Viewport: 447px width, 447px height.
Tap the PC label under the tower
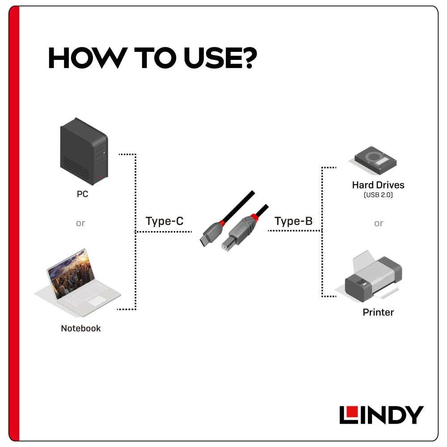pos(82,195)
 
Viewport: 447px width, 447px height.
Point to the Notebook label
pos(81,328)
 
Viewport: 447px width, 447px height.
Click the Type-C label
pos(164,221)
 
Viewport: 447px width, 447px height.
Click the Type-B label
pos(293,221)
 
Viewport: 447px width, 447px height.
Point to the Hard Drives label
pos(378,185)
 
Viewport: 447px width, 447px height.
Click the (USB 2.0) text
pos(378,195)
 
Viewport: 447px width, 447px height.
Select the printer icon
pos(373,277)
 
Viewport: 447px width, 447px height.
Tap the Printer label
pos(378,312)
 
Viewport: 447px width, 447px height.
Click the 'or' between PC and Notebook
pos(80,223)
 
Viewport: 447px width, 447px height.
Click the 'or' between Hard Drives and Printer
pos(379,223)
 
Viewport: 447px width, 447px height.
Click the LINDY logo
pos(381,415)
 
